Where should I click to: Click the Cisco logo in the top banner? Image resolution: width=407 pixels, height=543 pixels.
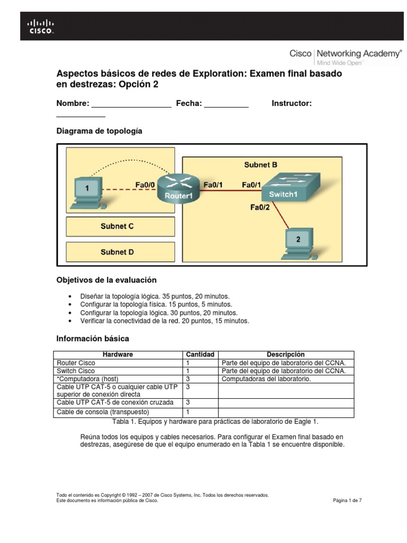(x=40, y=26)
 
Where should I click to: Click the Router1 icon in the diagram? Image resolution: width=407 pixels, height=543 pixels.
(x=175, y=188)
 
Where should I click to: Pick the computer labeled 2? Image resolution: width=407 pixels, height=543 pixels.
(x=297, y=243)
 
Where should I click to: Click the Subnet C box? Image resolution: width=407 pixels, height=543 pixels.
(x=120, y=226)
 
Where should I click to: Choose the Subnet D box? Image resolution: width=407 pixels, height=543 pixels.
(x=120, y=252)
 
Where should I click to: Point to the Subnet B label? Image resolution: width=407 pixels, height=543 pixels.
(x=261, y=165)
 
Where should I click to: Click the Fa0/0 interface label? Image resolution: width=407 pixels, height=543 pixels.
(x=145, y=185)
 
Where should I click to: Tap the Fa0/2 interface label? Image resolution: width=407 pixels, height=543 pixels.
(x=260, y=207)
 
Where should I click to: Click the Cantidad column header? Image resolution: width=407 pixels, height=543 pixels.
(x=200, y=354)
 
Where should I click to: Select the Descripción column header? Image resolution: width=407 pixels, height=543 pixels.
(x=286, y=354)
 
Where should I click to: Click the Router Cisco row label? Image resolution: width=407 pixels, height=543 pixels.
(x=76, y=363)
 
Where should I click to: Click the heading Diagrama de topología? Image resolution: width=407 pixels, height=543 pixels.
(x=99, y=130)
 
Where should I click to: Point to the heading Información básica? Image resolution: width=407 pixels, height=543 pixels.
(x=92, y=338)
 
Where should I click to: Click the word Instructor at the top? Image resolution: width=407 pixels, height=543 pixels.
(x=291, y=103)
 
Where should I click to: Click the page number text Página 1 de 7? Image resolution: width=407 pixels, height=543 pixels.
(x=347, y=500)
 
